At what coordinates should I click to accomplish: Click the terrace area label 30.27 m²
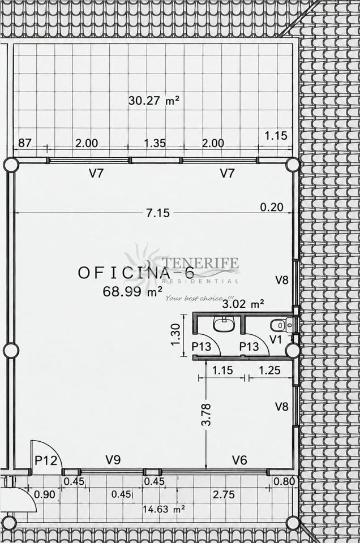pos(154,101)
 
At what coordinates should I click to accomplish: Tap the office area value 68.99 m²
pos(132,291)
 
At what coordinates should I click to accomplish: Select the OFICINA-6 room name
pos(136,273)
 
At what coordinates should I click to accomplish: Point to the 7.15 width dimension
pos(158,213)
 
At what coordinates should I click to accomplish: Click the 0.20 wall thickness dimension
pos(272,207)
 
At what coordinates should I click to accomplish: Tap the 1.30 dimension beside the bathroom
pos(175,334)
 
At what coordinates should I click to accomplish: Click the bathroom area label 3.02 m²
pos(243,304)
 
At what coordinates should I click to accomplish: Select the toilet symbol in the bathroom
pos(278,325)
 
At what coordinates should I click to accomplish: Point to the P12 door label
pos(46,460)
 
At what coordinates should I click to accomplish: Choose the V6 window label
pos(239,460)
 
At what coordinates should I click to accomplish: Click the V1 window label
pos(276,339)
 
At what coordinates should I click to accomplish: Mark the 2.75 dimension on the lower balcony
pos(224,494)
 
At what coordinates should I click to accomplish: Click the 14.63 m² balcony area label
pos(164,509)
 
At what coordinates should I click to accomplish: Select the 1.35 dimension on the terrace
pos(155,143)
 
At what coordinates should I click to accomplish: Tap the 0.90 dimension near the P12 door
pos(45,494)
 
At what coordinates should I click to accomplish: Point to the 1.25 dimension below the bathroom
pos(269,370)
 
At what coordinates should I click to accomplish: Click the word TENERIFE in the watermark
pos(200,263)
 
